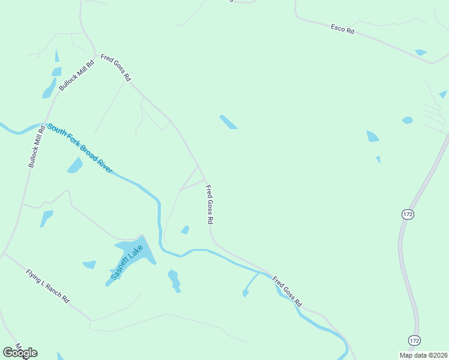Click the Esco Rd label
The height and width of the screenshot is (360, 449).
click(343, 28)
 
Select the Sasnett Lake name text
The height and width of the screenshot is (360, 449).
click(128, 262)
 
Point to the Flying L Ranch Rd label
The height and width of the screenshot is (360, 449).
click(48, 286)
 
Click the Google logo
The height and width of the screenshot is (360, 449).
click(20, 353)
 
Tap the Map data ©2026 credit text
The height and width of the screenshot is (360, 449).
click(423, 355)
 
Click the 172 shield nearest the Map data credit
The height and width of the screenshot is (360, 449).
click(414, 340)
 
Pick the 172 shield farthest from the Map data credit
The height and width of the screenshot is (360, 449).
click(408, 214)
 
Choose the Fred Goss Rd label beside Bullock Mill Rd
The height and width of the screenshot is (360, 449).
click(116, 67)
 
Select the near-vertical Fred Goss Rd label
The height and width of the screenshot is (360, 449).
click(209, 205)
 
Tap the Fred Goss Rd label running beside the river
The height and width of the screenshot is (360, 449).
click(286, 292)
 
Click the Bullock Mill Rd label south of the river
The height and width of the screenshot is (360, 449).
click(35, 146)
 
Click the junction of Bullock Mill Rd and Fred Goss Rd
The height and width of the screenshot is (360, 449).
click(95, 55)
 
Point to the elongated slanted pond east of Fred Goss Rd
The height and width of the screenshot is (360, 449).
click(228, 122)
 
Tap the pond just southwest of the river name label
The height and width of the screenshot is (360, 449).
click(75, 165)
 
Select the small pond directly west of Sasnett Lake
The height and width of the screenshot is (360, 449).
click(89, 264)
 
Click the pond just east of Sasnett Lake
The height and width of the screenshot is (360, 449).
click(174, 280)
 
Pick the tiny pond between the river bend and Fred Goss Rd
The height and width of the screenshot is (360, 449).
click(185, 230)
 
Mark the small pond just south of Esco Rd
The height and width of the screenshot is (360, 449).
click(421, 53)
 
